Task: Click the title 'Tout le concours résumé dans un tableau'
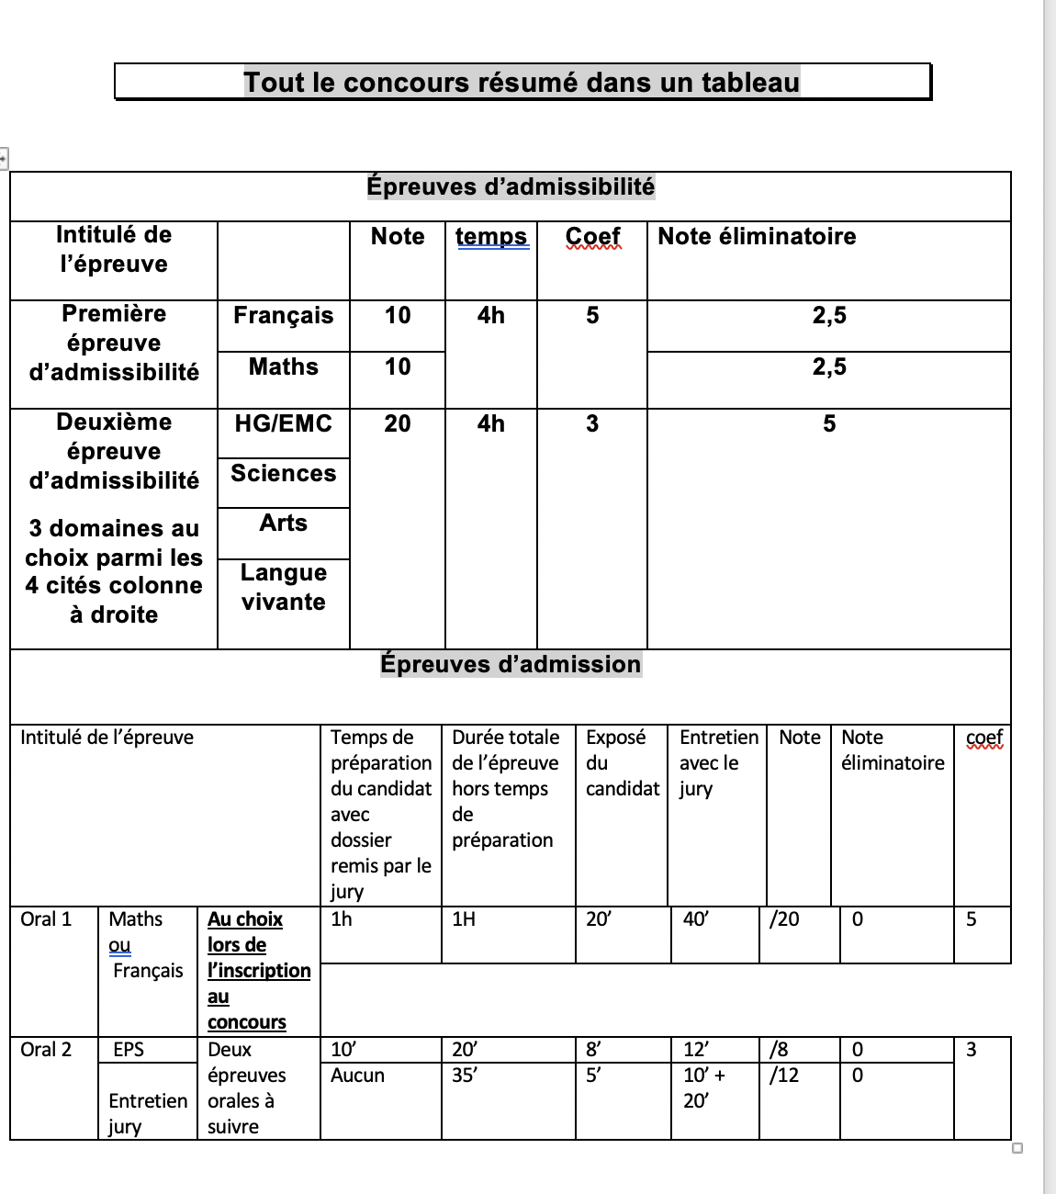pos(522,83)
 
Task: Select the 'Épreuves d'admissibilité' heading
pos(511,187)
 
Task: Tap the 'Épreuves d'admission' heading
pos(511,665)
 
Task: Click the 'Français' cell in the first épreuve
pos(283,316)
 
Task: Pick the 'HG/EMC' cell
pos(283,423)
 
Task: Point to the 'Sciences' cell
pos(283,474)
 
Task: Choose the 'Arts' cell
pos(283,524)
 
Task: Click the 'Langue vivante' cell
pos(283,588)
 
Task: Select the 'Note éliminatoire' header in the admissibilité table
pos(757,237)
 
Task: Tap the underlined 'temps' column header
pos(491,237)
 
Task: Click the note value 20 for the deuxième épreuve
pos(398,423)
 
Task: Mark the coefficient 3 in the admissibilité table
pos(592,423)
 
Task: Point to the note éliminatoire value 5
pos(829,423)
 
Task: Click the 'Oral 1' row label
pos(46,919)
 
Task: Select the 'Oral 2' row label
pos(46,1050)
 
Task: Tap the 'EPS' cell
pos(129,1050)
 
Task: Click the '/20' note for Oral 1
pos(784,919)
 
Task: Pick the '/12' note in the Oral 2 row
pos(784,1076)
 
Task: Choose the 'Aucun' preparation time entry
pos(357,1076)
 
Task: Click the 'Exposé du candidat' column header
pos(622,762)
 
